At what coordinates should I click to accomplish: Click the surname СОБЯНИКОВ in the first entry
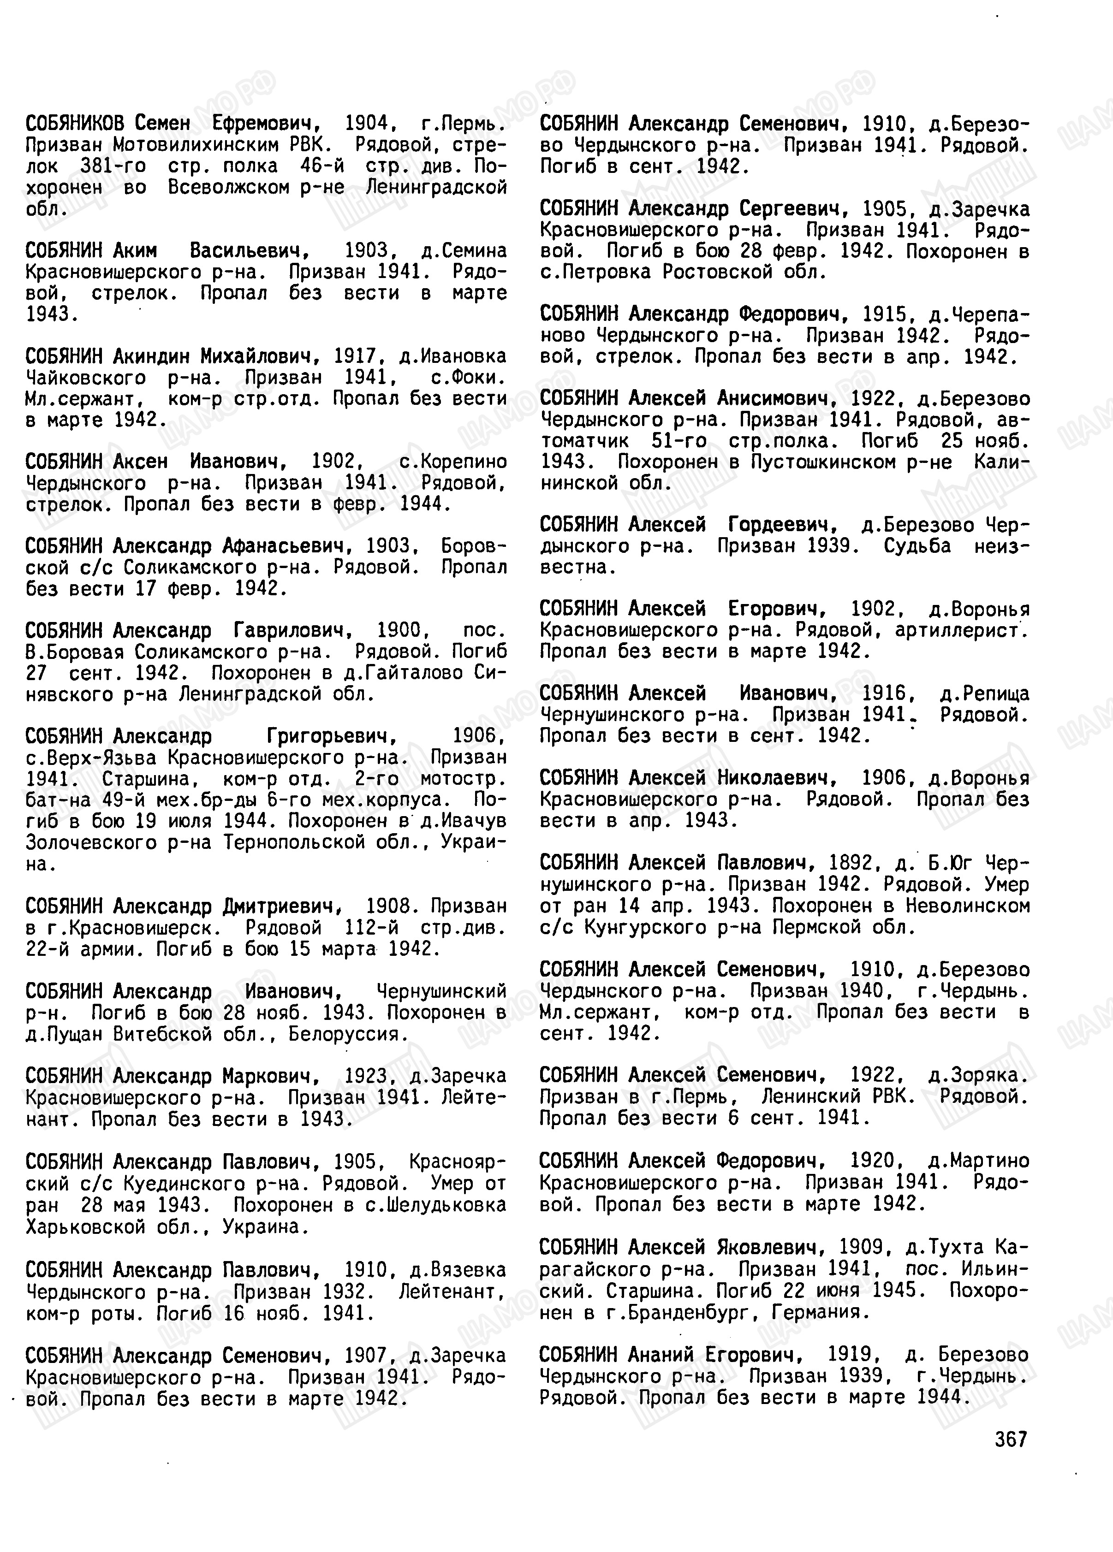[75, 124]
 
